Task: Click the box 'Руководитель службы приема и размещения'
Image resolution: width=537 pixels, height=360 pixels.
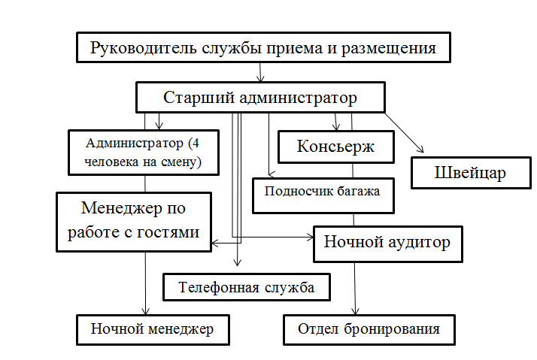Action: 264,49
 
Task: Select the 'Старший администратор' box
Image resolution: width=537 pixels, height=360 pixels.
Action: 260,98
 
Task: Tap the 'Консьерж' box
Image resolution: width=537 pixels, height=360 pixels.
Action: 335,147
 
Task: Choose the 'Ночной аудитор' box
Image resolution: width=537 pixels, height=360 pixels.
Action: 387,242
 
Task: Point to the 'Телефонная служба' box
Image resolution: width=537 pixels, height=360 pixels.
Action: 247,286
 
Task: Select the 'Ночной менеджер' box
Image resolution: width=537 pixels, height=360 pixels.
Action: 153,328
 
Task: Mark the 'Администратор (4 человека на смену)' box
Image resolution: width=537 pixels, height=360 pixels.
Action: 142,152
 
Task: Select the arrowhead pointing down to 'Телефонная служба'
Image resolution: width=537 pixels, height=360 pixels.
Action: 238,263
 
